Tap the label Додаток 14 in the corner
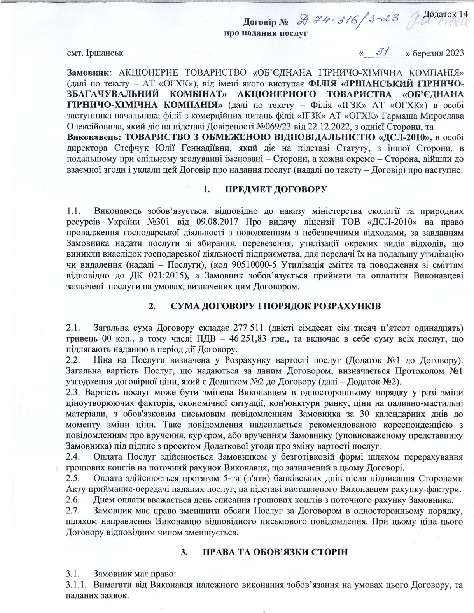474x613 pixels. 445,14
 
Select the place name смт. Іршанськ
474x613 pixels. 95,53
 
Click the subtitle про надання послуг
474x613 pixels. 266,33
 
